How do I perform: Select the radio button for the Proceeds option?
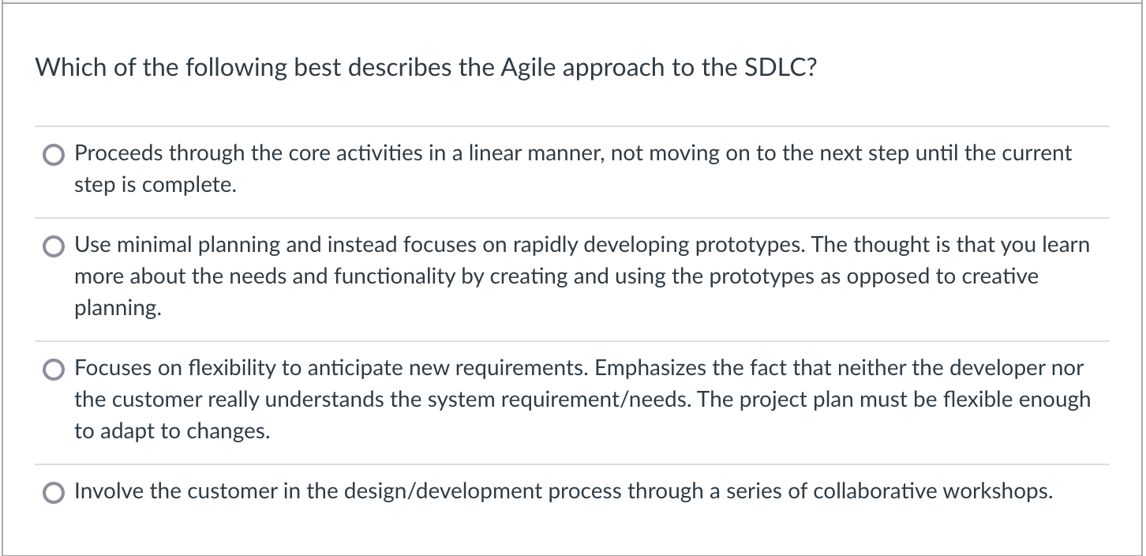tap(54, 155)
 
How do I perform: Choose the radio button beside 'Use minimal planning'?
tap(54, 246)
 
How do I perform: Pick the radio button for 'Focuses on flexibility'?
tap(54, 370)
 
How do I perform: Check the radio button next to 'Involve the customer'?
tap(54, 493)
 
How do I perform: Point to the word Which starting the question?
tap(63, 68)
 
